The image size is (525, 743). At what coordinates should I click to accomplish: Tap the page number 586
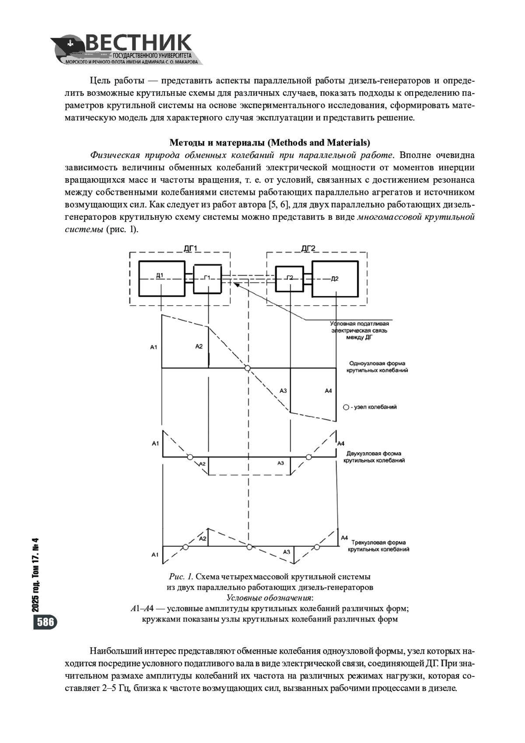tap(45, 622)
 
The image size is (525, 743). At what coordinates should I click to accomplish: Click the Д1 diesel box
tap(161, 278)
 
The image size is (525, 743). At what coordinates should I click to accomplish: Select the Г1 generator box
tap(208, 278)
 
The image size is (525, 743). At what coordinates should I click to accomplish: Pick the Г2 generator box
tap(290, 278)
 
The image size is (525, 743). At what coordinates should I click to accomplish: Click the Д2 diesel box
tap(335, 278)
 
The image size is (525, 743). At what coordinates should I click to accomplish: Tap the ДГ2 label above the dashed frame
tap(308, 249)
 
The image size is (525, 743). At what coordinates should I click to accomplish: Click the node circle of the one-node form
tap(248, 368)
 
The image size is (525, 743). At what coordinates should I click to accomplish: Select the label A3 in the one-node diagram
tap(283, 391)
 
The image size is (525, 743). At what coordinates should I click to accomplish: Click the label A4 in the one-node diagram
tap(328, 391)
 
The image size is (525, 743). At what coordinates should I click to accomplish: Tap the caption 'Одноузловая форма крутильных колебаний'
tap(377, 367)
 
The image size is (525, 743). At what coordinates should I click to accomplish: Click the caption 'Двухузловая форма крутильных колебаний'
tap(374, 457)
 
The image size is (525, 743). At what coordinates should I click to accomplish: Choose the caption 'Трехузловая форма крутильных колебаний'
tap(378, 546)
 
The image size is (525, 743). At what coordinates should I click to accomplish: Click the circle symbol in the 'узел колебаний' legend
tap(346, 407)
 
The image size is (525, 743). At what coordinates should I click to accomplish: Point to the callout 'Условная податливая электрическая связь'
tap(359, 331)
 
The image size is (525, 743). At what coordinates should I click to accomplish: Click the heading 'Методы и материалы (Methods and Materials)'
tap(269, 143)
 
